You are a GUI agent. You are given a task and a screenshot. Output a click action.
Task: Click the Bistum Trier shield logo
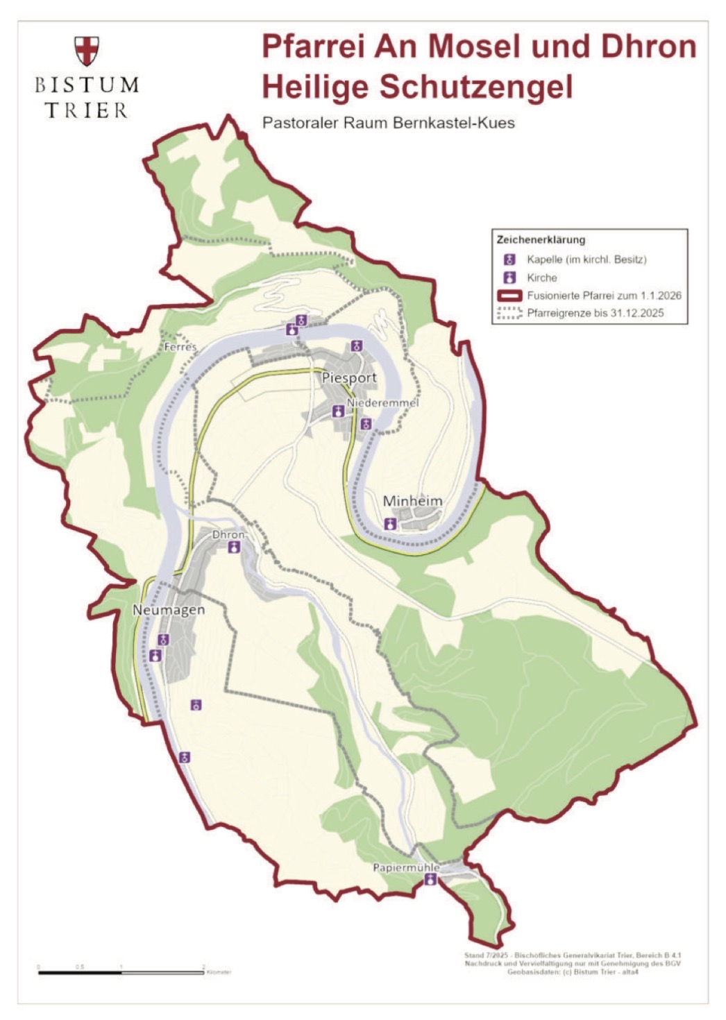[87, 51]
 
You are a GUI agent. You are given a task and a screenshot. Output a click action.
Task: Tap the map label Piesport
[349, 377]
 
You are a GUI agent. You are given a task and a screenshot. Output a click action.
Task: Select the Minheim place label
[412, 501]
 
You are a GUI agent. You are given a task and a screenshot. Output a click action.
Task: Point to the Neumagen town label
[169, 610]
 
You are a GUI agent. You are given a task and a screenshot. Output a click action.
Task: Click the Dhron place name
[228, 535]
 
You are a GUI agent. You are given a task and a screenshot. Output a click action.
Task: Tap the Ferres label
[180, 346]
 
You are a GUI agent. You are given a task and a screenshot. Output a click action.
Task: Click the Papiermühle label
[406, 867]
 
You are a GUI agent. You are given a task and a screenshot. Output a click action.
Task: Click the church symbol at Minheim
[390, 524]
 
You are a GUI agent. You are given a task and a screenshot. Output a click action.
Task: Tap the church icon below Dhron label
[235, 547]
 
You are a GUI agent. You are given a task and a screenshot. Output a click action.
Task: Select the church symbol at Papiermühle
[431, 880]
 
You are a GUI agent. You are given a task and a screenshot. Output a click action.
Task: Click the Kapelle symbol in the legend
[510, 260]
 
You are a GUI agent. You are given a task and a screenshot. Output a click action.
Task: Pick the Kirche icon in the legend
[510, 278]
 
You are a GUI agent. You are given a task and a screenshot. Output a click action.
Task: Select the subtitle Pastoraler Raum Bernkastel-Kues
[389, 124]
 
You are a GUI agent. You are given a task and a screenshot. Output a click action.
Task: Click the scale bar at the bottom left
[121, 972]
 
